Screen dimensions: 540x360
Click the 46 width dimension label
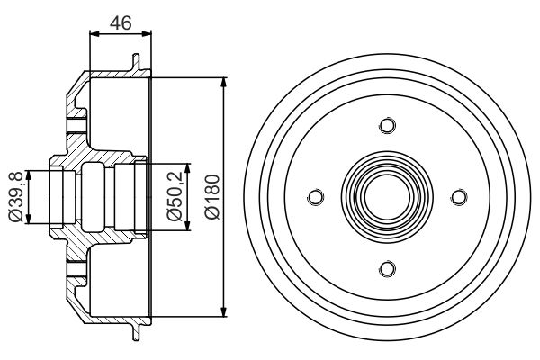121,23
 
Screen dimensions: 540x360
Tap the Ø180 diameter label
212,197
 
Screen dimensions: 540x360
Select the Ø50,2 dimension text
175,196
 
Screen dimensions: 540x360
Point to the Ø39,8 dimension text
15,197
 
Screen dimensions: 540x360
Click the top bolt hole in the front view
387,125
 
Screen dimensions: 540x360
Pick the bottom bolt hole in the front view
387,269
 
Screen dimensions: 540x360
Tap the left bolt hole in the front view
316,197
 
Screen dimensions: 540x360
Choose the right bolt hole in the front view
459,197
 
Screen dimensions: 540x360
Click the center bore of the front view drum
387,197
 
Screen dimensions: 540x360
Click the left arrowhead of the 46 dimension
94,33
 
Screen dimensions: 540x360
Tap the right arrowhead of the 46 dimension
147,33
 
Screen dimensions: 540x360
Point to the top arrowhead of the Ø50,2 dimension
187,169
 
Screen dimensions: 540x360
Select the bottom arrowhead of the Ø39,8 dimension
29,218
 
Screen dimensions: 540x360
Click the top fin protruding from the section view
137,62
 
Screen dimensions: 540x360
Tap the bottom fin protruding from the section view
137,331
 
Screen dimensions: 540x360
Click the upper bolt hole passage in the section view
76,125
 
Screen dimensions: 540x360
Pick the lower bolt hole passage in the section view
76,269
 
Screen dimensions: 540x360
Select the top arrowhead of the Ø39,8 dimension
29,176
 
